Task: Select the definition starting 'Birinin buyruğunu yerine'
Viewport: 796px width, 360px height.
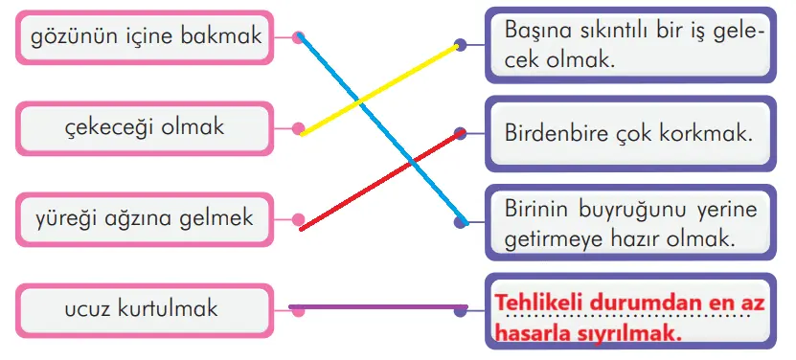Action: coord(628,222)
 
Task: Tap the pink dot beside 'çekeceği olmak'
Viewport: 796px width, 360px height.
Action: coord(299,127)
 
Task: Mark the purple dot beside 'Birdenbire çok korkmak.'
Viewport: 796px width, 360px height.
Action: coord(461,134)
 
